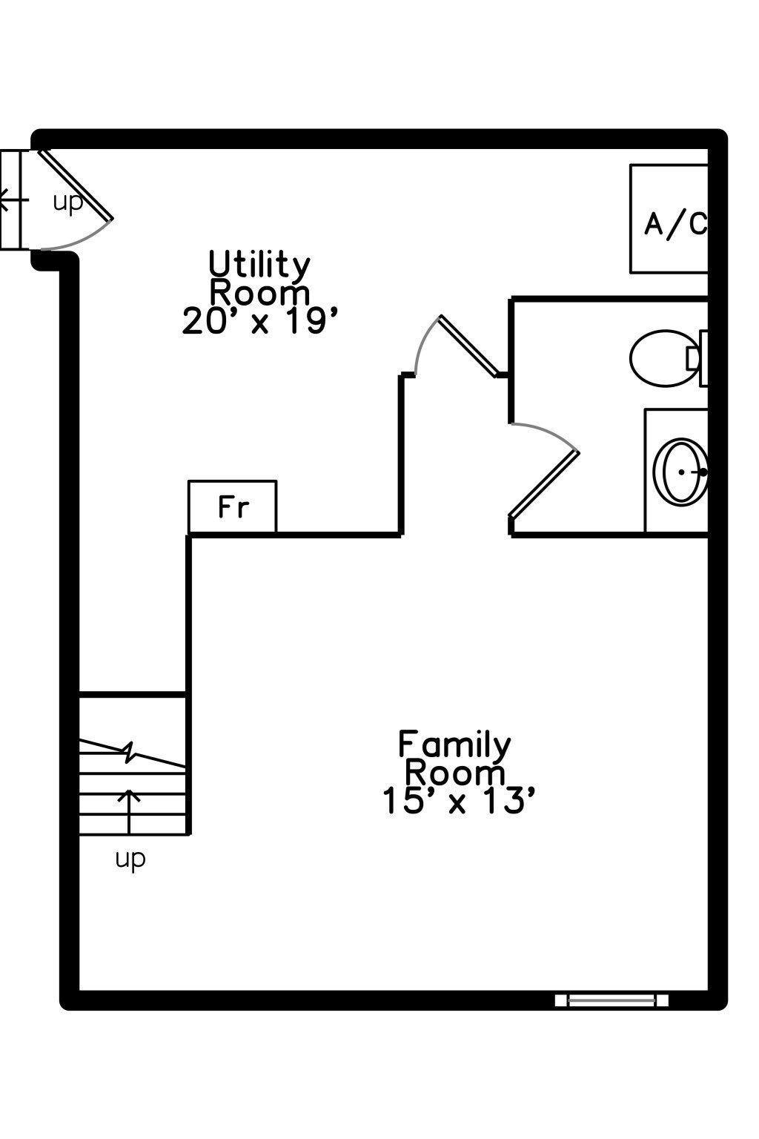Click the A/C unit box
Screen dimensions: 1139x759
[669, 219]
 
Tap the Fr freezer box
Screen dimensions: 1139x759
[233, 507]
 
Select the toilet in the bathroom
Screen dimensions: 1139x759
[663, 358]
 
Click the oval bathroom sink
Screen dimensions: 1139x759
[681, 472]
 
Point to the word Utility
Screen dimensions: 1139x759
[259, 265]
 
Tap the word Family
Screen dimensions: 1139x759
[454, 745]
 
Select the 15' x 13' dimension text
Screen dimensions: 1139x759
[458, 801]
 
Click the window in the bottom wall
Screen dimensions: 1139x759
[611, 1000]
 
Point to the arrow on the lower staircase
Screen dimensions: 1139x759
[130, 811]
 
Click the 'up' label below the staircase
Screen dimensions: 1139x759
[130, 859]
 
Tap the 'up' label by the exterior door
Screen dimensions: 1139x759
[67, 202]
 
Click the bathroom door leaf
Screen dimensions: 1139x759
[544, 483]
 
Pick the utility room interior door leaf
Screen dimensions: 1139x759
[468, 346]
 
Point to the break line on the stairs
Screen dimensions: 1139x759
[130, 752]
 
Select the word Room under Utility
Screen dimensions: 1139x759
[259, 293]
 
